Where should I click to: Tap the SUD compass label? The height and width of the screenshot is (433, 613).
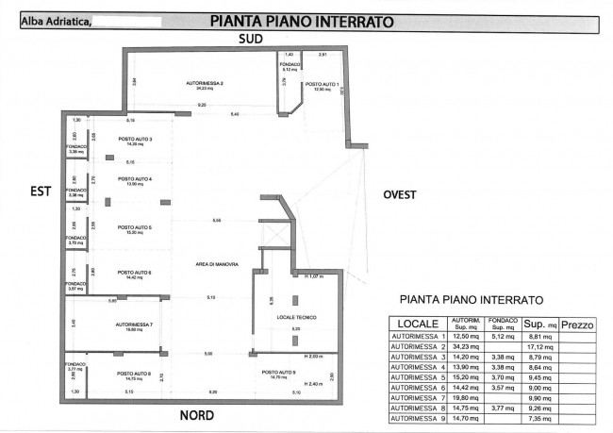coord(250,39)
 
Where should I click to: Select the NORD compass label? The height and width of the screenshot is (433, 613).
coord(196,415)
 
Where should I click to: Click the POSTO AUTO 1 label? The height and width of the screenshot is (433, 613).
coord(319,85)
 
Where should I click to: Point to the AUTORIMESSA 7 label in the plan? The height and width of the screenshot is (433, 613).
coord(134,325)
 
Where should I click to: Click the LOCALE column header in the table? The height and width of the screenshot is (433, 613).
coord(418,325)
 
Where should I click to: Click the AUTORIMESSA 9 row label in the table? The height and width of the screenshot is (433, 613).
coord(418,419)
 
